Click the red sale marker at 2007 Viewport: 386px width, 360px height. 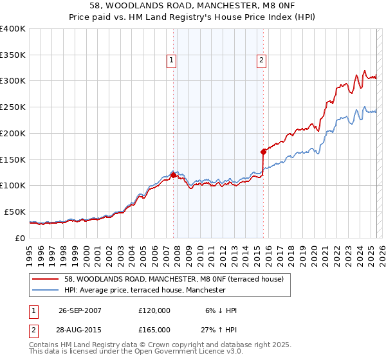tap(174, 174)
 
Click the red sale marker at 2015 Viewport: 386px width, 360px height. tap(263, 152)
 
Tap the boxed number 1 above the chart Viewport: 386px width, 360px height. tap(172, 61)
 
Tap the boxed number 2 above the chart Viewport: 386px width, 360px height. tap(262, 61)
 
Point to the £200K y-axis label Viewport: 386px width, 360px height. tap(13, 133)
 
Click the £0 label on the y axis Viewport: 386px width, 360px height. tap(21, 238)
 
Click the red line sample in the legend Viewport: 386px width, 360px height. tap(46, 279)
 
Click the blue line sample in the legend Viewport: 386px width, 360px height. tap(46, 290)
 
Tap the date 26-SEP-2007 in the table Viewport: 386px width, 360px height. tap(80, 310)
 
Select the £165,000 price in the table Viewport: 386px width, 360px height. tap(154, 329)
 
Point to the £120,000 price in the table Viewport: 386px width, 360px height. tap(154, 310)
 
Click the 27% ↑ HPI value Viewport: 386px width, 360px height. tap(219, 329)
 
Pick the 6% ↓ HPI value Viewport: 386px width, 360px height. tap(219, 310)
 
